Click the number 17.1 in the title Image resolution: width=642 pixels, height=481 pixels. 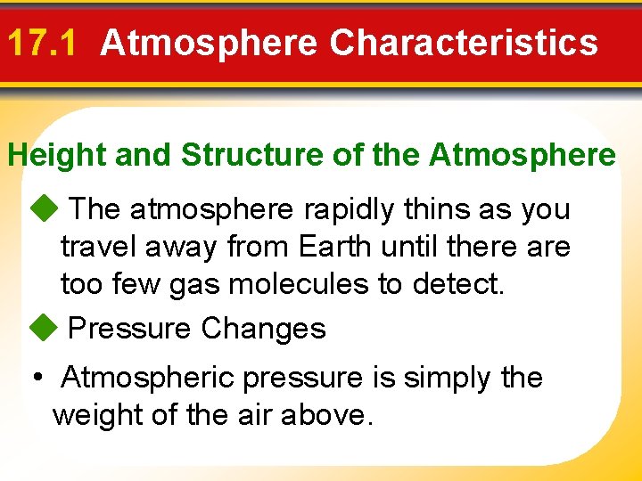click(x=45, y=43)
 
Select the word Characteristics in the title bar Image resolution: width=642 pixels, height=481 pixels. click(x=464, y=43)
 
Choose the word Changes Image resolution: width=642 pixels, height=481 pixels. click(x=263, y=329)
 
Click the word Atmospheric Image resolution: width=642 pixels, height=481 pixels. click(x=148, y=378)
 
